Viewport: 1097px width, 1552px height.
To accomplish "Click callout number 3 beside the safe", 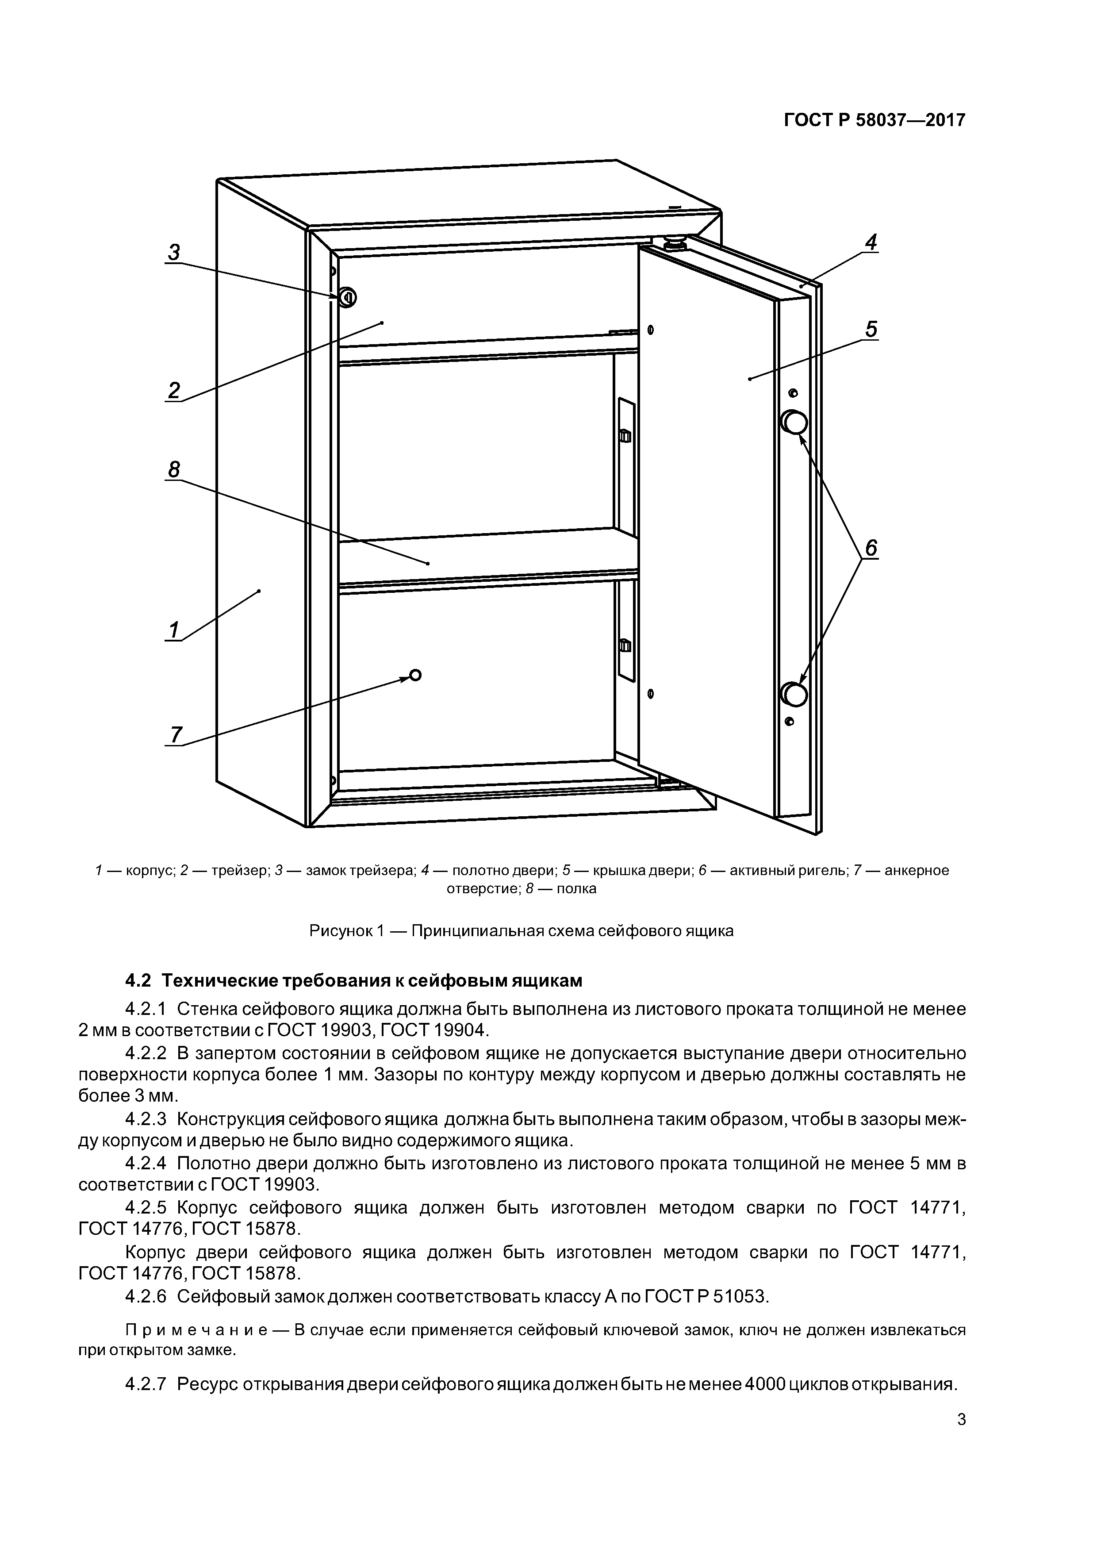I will (x=174, y=252).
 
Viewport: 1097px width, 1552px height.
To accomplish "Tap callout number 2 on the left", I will (x=174, y=390).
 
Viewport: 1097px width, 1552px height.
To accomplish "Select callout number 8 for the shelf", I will (x=174, y=469).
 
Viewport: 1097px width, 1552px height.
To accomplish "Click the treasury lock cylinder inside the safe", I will (x=347, y=297).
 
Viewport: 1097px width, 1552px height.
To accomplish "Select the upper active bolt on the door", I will (x=794, y=423).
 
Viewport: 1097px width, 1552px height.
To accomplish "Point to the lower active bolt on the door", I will (x=794, y=694).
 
